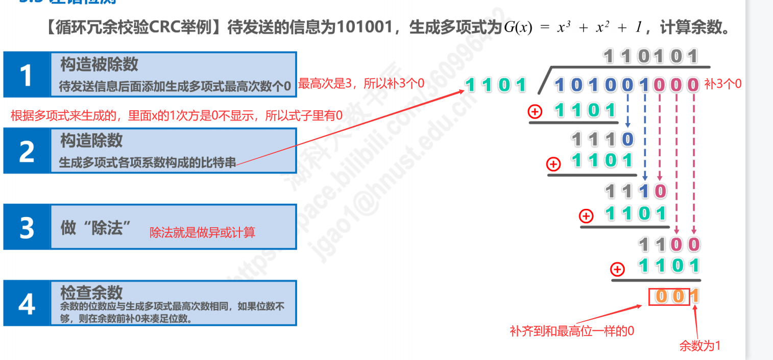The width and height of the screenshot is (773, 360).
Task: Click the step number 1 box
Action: click(27, 75)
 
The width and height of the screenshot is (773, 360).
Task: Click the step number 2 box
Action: click(27, 151)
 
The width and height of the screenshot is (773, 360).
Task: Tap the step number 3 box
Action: click(27, 227)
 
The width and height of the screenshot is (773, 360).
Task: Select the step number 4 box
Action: click(27, 303)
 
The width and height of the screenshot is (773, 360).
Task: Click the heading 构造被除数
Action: click(99, 64)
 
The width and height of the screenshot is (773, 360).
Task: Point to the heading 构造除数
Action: click(91, 140)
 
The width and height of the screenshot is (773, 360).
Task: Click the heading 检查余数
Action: click(91, 293)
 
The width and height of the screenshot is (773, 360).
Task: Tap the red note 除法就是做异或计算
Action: click(202, 233)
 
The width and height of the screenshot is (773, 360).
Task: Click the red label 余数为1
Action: click(699, 346)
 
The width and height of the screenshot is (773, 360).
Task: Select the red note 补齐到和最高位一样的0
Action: click(572, 330)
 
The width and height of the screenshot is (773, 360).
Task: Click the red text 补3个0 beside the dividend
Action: click(722, 84)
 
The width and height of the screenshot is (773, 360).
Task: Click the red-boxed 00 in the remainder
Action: click(669, 296)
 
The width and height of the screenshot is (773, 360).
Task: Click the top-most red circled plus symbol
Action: click(535, 112)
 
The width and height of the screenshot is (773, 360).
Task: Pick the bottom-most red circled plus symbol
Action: click(617, 269)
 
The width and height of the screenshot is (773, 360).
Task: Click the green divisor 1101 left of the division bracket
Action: click(496, 85)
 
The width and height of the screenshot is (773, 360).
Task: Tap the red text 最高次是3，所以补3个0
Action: click(361, 84)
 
